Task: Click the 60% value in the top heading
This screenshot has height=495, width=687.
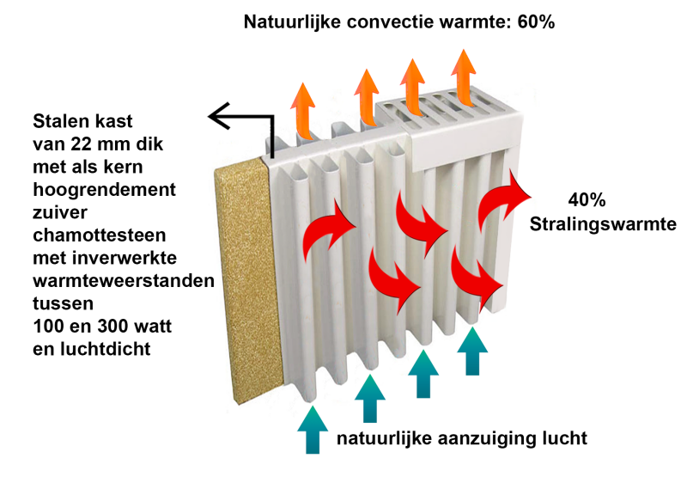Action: [x=535, y=21]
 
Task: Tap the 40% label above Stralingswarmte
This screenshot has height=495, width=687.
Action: [x=587, y=200]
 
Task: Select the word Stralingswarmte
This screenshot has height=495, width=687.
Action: [x=600, y=227]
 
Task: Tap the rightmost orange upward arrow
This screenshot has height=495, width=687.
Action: [x=465, y=75]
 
